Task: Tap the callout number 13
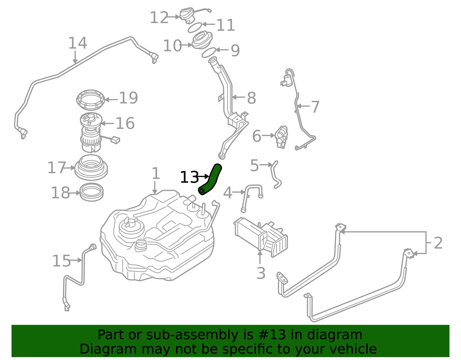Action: point(190,177)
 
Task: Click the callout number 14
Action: point(78,43)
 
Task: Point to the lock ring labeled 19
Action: point(91,100)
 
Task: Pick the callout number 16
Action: point(125,123)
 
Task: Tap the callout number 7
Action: point(315,107)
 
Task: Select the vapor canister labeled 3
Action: point(261,237)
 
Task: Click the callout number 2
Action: point(438,243)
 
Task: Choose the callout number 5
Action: point(254,165)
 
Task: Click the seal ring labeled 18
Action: point(92,193)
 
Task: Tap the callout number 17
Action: point(57,167)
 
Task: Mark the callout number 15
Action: point(62,261)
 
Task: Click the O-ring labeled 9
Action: point(209,52)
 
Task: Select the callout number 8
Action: point(252,98)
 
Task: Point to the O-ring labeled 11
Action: point(195,28)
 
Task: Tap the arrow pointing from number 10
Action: point(187,45)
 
